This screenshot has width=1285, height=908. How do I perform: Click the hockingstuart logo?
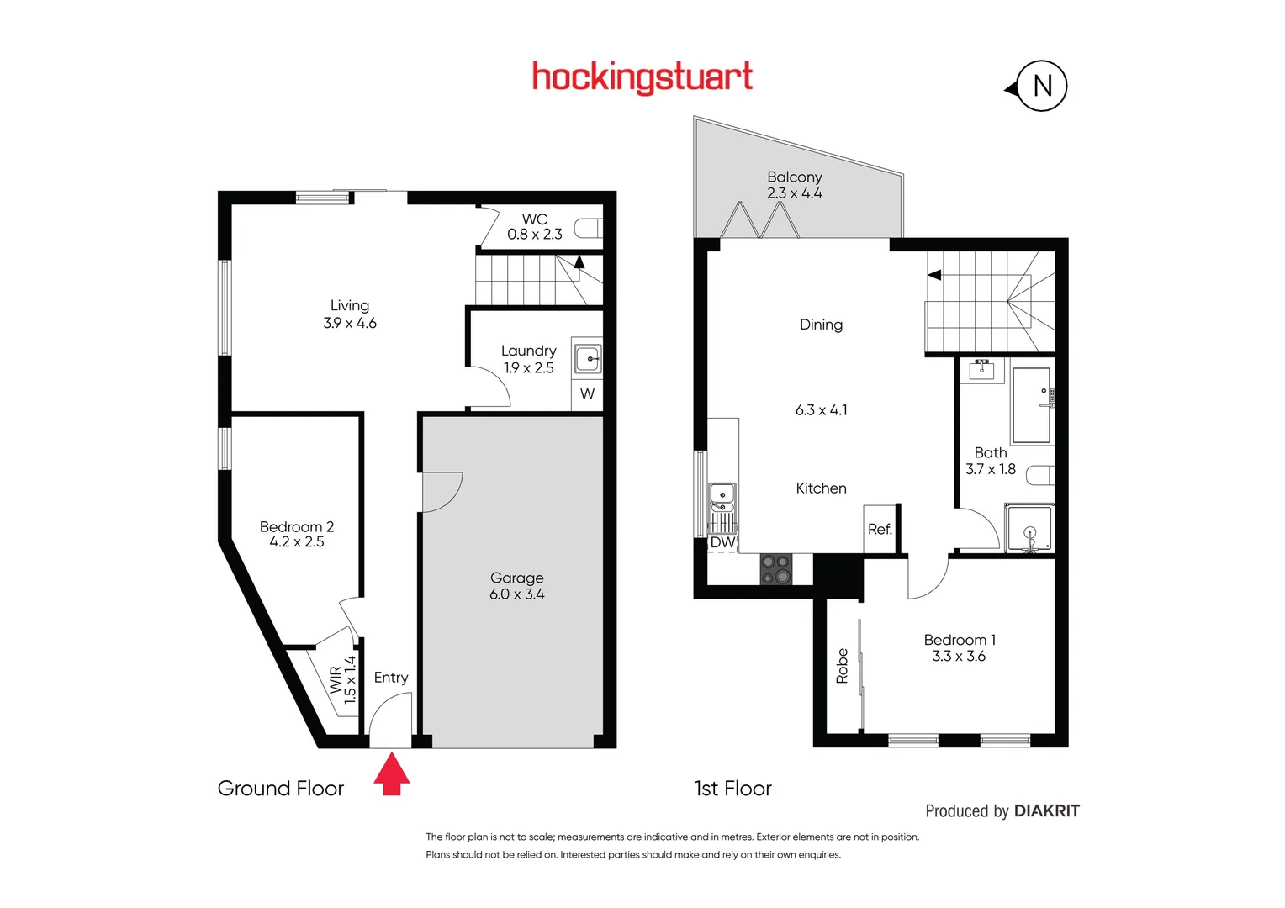642,77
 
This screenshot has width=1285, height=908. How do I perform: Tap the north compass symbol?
1041,86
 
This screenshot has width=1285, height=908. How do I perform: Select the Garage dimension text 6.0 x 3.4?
516,594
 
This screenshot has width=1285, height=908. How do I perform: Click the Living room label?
349,306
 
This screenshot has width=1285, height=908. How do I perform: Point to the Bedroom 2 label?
296,527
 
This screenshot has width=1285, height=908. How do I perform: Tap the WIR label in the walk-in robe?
336,680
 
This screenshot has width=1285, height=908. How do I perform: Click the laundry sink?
587,359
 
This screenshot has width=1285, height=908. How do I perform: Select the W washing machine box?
587,394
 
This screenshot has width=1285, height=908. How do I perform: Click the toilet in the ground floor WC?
589,228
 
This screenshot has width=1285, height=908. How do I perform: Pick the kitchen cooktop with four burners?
775,569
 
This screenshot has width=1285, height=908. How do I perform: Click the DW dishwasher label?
722,543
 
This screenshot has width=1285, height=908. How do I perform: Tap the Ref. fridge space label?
880,530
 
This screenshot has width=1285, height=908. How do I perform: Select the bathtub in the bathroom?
1031,404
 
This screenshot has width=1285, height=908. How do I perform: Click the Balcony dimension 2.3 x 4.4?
794,193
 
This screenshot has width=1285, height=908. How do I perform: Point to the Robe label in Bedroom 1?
842,665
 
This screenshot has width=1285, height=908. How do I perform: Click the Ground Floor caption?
280,789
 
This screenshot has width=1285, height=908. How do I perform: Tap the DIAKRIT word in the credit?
1046,811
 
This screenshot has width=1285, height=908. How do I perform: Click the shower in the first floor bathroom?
1029,529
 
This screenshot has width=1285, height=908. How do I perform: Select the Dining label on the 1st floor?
821,325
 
